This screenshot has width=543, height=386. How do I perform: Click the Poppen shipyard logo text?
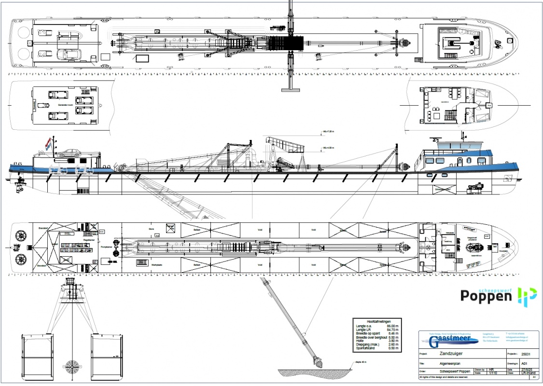coord(486,295)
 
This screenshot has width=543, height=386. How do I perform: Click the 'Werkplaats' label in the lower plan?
coord(155,264)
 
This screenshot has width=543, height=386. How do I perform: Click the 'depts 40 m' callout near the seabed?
coord(361,361)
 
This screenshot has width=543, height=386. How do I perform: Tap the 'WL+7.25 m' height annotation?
coord(328,131)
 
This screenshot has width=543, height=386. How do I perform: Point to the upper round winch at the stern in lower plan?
coord(20,235)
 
